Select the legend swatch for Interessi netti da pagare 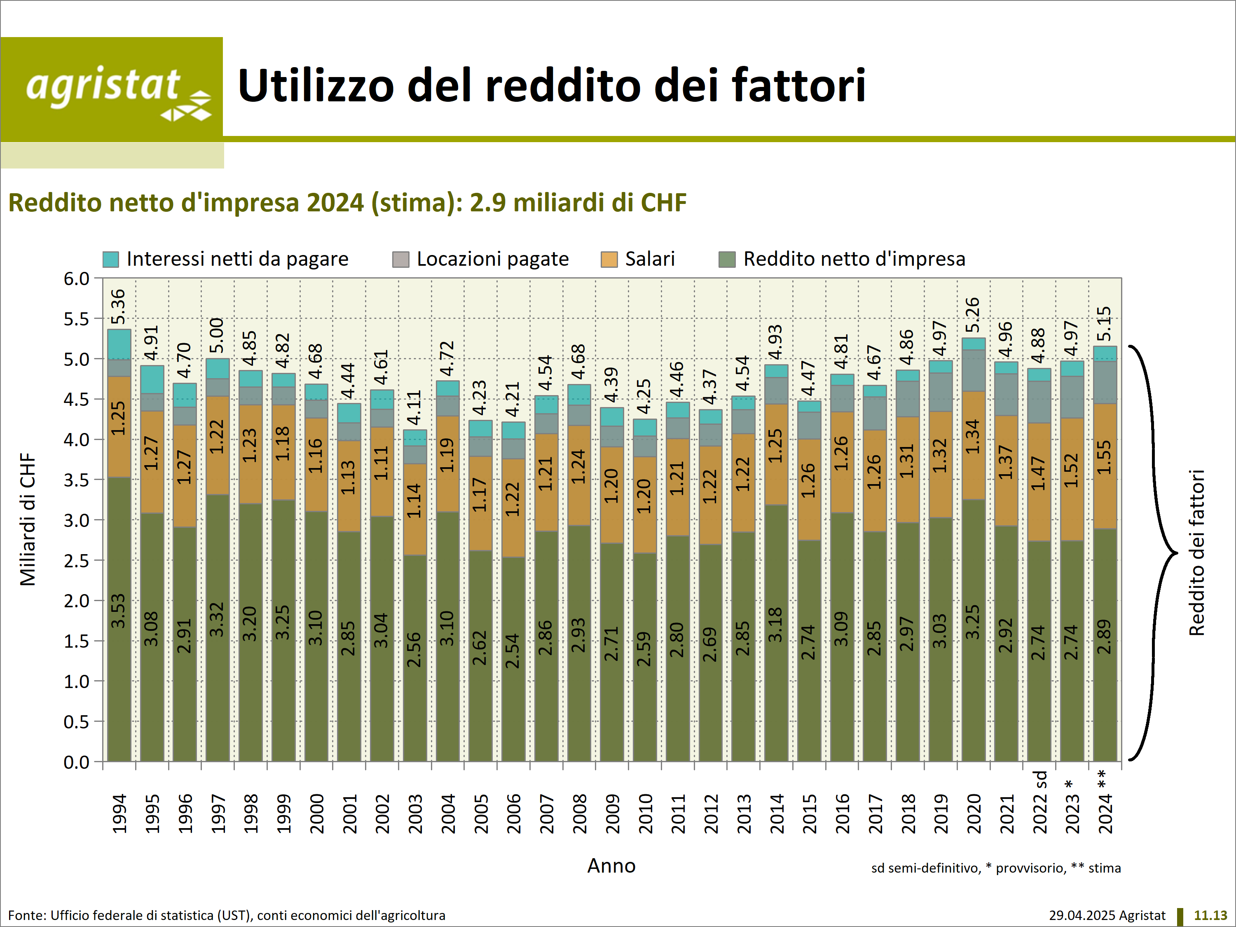tap(111, 259)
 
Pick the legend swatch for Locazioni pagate tap(400, 259)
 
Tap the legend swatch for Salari tap(609, 259)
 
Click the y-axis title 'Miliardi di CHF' tap(28, 519)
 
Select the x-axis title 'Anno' tap(611, 866)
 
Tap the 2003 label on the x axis tap(415, 814)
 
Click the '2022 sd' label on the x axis tap(1040, 802)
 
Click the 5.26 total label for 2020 tap(973, 315)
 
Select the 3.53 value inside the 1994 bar tap(119, 611)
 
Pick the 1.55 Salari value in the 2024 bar tap(1104, 457)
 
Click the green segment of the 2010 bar tap(644, 657)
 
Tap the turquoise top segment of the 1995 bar tap(152, 379)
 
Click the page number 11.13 tap(1210, 915)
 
